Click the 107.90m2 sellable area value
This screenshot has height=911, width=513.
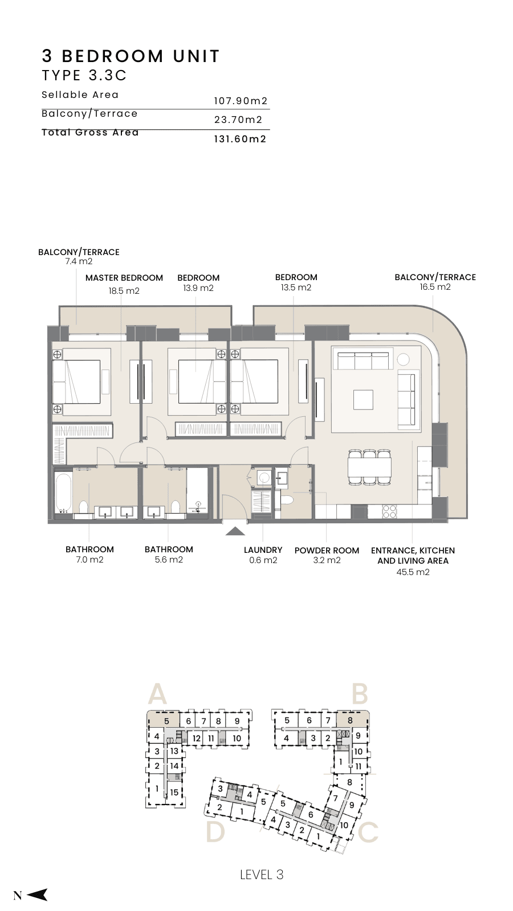coord(241,101)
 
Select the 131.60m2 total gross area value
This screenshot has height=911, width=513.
coord(240,139)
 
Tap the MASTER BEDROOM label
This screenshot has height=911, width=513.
coord(124,278)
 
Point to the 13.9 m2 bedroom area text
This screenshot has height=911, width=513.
coord(198,288)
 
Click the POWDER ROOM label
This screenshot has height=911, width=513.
coord(327,551)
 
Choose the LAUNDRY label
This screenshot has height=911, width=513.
coord(263,550)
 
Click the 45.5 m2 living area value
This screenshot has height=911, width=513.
coord(413,572)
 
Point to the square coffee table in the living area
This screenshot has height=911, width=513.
coord(363,399)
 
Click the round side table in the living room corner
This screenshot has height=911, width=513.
coord(403,359)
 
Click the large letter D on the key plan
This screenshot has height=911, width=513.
coord(215,831)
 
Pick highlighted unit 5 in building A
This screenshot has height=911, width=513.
coord(163,721)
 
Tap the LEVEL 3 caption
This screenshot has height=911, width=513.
coord(262,875)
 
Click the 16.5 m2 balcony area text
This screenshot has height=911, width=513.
coord(435,287)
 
